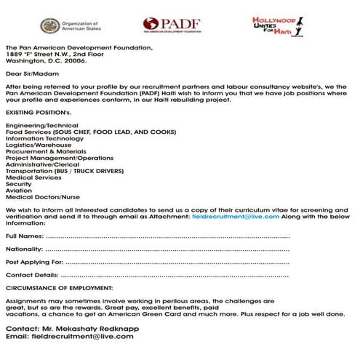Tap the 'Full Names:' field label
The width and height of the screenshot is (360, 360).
tap(24, 237)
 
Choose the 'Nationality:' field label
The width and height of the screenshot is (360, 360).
tap(24, 249)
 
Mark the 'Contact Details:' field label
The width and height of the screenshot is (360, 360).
tap(32, 275)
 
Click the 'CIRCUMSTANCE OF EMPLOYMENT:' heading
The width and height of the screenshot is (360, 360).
tap(60, 288)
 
